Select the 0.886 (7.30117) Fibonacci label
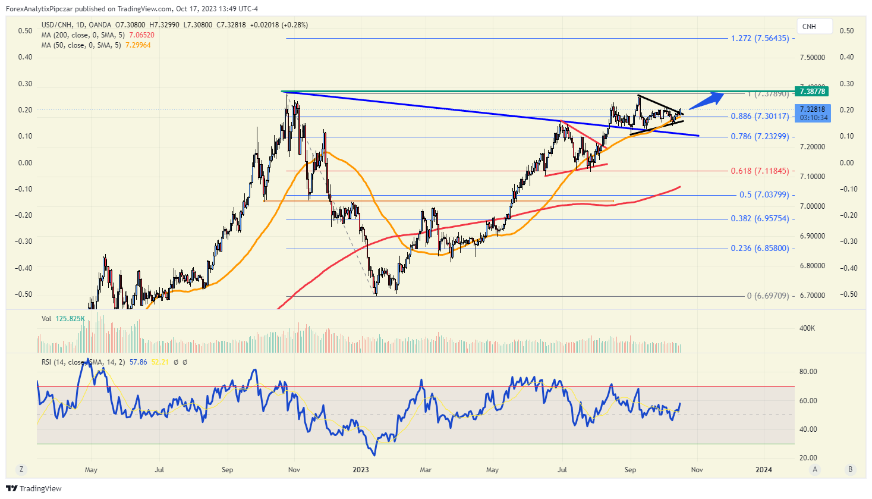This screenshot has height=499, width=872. click(x=760, y=117)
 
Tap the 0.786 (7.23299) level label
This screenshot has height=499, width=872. click(x=760, y=137)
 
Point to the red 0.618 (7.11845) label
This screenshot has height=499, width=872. click(x=760, y=171)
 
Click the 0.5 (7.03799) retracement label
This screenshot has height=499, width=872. click(x=764, y=195)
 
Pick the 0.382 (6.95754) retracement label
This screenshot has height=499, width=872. click(x=760, y=219)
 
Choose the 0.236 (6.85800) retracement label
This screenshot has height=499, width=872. click(x=760, y=249)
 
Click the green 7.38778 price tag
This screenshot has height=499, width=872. click(x=811, y=92)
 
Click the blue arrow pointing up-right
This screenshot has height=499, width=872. click(x=706, y=101)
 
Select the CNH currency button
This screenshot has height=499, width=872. click(x=809, y=27)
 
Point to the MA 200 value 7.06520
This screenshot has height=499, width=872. click(x=141, y=35)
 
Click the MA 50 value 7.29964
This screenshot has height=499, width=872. click(x=138, y=45)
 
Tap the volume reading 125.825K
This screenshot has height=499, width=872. click(x=70, y=319)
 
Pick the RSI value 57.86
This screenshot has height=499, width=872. click(x=138, y=362)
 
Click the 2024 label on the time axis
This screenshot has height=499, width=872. click(x=764, y=470)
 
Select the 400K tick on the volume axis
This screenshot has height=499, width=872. click(x=807, y=328)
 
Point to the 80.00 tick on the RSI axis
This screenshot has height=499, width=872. click(x=808, y=372)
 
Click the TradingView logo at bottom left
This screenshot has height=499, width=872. click(x=34, y=489)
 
